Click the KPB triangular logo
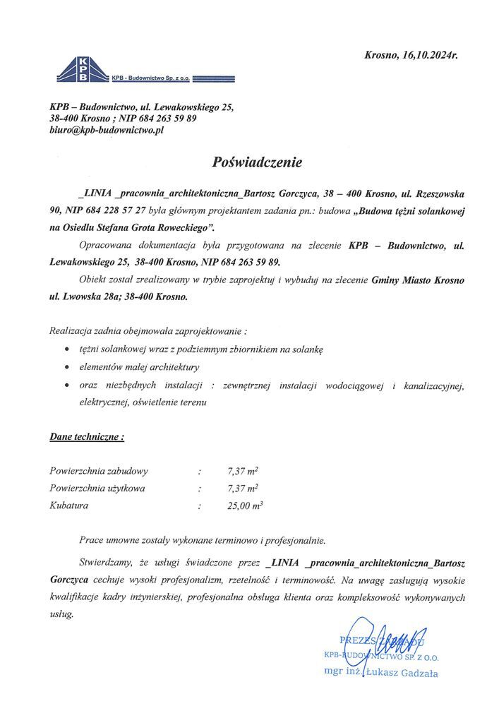pyautogui.click(x=83, y=68)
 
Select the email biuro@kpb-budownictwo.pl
pyautogui.click(x=107, y=131)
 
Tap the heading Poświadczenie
pyautogui.click(x=257, y=162)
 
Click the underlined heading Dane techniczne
pyautogui.click(x=87, y=437)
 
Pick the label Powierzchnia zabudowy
pyautogui.click(x=99, y=470)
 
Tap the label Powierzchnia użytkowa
pyautogui.click(x=98, y=488)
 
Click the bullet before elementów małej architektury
pyautogui.click(x=65, y=367)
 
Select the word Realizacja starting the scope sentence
pyautogui.click(x=74, y=330)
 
